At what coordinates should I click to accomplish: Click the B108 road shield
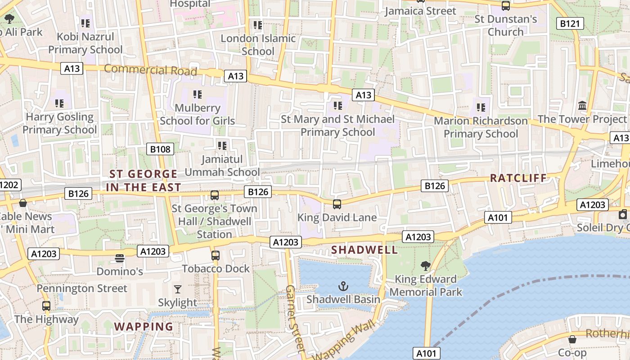point(161,149)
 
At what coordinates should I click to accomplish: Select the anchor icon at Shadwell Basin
point(343,286)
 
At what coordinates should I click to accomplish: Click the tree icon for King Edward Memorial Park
point(425,266)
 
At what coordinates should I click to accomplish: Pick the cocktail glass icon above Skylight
point(178,289)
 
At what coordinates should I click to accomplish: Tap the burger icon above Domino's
point(119,258)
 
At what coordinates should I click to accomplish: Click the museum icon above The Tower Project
point(582,106)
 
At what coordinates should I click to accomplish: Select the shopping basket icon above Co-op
point(572,339)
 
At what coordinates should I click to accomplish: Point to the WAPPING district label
point(144,327)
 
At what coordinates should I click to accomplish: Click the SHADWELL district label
point(364,250)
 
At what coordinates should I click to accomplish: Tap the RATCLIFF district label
point(518,178)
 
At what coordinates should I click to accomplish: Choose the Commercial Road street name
point(151,70)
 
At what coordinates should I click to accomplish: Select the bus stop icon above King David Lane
point(337,204)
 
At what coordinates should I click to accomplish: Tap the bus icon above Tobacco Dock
point(216,256)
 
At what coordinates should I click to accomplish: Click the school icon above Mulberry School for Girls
point(197,94)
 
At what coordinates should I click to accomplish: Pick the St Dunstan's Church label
point(506,26)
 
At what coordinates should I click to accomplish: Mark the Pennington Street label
point(82,288)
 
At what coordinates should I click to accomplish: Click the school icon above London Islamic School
point(257,25)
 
